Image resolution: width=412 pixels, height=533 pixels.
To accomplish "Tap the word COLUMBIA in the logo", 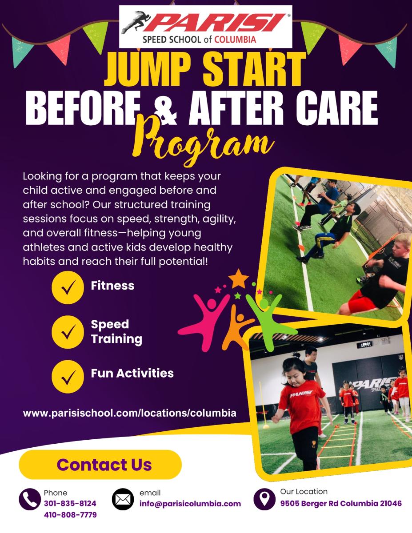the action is pyautogui.click(x=235, y=40).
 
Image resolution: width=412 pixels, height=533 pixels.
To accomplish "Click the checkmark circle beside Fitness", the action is pyautogui.click(x=68, y=287).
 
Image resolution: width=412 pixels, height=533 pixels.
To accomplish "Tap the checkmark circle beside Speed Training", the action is pyautogui.click(x=68, y=332).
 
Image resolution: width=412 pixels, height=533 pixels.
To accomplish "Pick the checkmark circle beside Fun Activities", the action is pyautogui.click(x=68, y=377).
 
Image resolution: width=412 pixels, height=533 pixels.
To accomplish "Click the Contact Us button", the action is pyautogui.click(x=100, y=465).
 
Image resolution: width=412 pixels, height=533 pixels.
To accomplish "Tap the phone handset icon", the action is pyautogui.click(x=30, y=499).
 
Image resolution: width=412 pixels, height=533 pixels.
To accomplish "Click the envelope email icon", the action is pyautogui.click(x=123, y=499).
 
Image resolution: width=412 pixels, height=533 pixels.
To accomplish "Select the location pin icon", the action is pyautogui.click(x=264, y=499).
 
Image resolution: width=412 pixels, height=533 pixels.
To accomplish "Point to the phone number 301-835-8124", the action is pyautogui.click(x=70, y=503).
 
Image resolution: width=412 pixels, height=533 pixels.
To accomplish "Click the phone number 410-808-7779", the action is pyautogui.click(x=70, y=515).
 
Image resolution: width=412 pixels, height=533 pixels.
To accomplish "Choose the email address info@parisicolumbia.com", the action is pyautogui.click(x=190, y=504).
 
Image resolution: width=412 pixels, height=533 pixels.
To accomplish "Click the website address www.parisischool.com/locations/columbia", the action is pyautogui.click(x=130, y=413).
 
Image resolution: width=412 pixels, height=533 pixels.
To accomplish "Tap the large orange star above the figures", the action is pyautogui.click(x=239, y=279).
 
